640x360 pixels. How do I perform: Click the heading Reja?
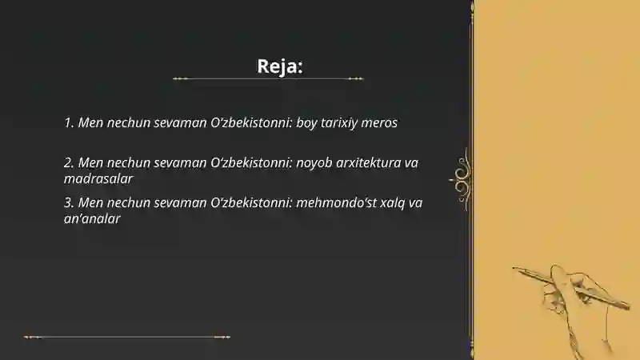[280, 66]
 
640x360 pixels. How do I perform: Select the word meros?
[382, 123]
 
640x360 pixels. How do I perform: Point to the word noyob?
[314, 162]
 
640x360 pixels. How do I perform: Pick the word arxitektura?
[368, 162]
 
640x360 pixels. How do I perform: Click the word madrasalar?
[98, 178]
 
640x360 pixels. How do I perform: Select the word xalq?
[392, 202]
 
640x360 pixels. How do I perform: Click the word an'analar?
[93, 218]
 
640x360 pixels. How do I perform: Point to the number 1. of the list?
[69, 123]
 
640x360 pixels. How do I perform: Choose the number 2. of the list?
[69, 162]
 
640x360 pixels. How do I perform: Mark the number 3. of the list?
[69, 202]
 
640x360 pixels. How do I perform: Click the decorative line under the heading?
[268, 79]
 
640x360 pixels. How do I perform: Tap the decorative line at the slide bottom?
[128, 337]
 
